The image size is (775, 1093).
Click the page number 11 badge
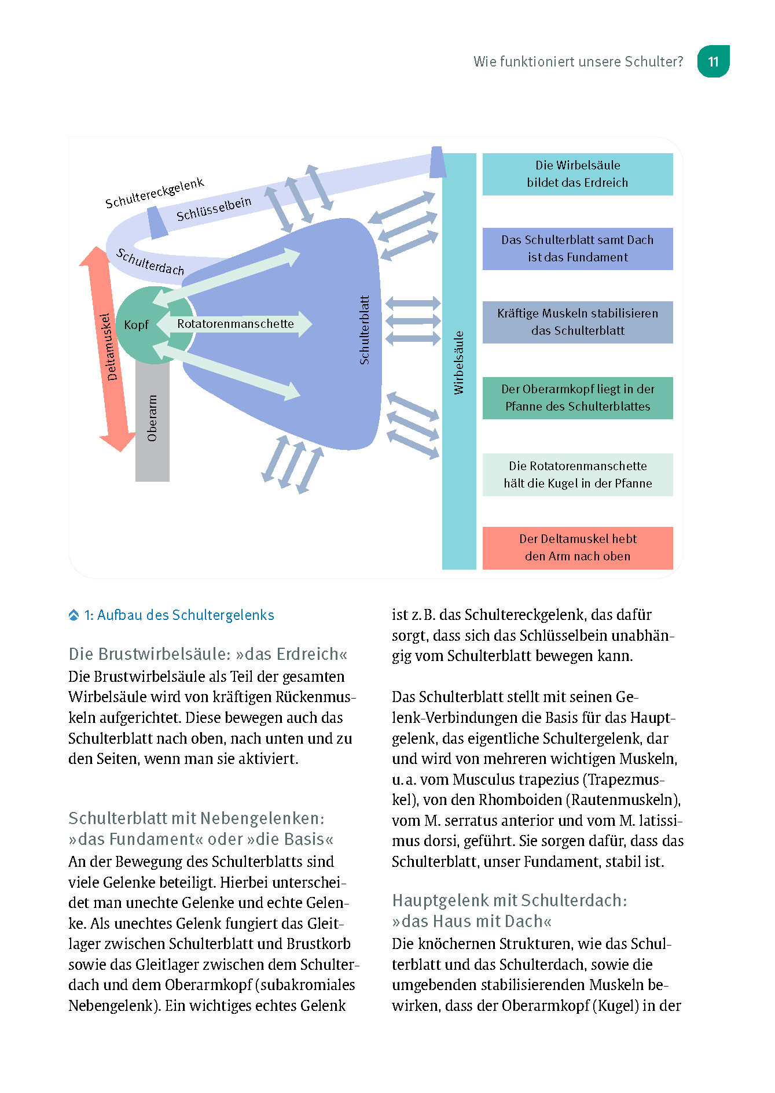tap(713, 61)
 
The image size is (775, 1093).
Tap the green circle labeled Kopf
tap(137, 325)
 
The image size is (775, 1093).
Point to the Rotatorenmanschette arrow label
tap(236, 324)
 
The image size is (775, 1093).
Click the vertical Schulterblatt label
tap(364, 330)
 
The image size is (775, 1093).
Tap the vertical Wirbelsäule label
tap(459, 363)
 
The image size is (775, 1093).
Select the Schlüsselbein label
tap(214, 209)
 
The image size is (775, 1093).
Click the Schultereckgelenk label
tap(154, 193)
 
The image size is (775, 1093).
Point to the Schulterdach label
tap(150, 261)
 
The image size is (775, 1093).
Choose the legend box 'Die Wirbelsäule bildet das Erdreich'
tap(577, 174)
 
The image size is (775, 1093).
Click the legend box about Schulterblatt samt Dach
tap(577, 249)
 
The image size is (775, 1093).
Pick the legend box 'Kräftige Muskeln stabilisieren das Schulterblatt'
tap(577, 322)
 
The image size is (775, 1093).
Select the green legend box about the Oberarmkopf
tap(577, 398)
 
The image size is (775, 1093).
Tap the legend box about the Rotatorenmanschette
tap(577, 474)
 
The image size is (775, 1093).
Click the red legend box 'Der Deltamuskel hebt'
tap(577, 548)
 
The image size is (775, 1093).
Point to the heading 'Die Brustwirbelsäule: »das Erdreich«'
tap(208, 654)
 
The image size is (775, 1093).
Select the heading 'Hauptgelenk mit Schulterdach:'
tap(509, 900)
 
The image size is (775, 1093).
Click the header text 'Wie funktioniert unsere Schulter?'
tap(578, 62)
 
